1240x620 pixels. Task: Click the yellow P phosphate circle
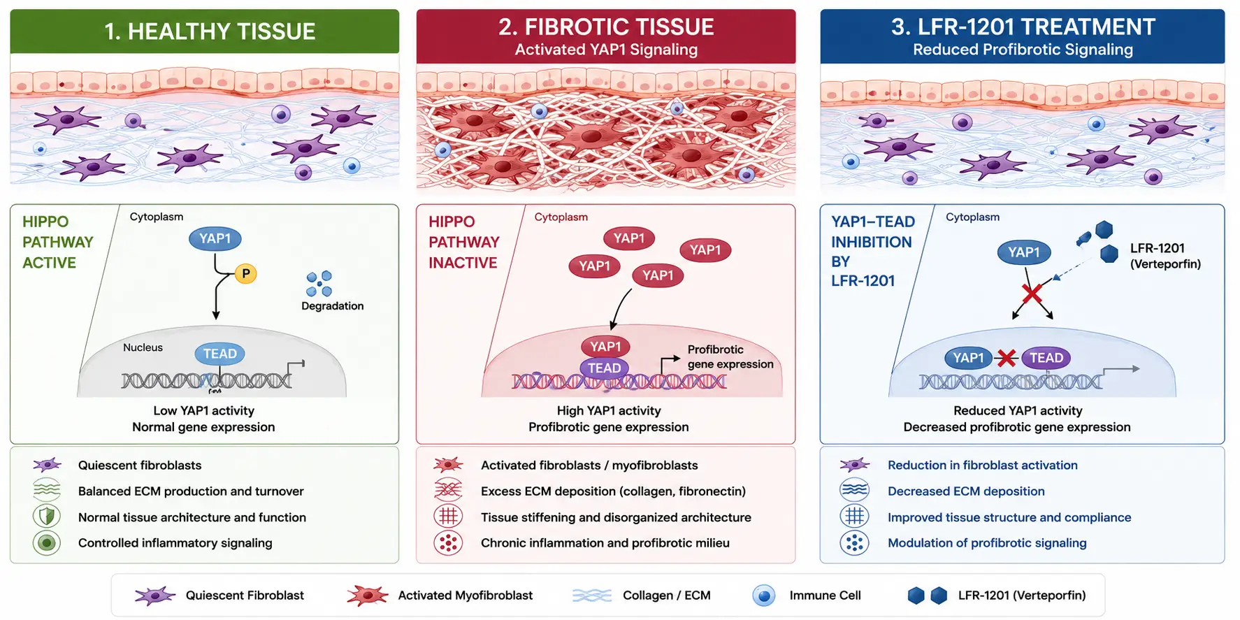245,274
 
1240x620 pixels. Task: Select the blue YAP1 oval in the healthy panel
215,239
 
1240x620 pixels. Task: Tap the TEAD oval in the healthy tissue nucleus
219,354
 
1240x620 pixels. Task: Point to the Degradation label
332,306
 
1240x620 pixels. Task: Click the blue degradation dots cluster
319,284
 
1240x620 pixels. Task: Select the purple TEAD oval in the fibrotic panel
604,368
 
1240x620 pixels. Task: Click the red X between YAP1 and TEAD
1007,359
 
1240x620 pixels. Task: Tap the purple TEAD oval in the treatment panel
1046,358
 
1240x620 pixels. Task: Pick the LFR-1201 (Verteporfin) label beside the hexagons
1165,256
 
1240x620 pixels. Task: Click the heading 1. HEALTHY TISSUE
210,31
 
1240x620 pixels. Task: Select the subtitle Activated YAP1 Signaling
606,50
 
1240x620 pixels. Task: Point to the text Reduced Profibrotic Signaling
1023,50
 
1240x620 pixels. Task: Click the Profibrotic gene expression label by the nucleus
730,356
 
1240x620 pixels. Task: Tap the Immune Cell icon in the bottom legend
764,596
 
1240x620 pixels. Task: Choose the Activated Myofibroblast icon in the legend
367,596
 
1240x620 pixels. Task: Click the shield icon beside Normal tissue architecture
47,517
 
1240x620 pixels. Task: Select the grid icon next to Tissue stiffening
448,517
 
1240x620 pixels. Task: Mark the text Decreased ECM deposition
966,491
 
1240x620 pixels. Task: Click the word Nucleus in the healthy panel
143,347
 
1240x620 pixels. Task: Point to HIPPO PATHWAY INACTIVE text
463,242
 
